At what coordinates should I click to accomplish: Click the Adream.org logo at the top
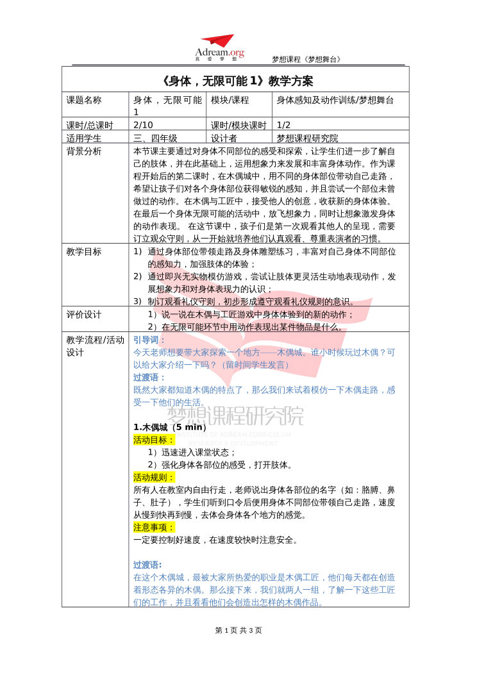(219, 48)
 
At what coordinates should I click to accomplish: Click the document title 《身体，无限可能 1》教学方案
(237, 81)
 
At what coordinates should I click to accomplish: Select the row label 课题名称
(84, 100)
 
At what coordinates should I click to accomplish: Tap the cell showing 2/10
(143, 125)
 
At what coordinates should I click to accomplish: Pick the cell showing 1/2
(284, 125)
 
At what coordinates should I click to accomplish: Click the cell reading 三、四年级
(155, 138)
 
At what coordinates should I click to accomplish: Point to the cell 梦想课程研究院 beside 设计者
(307, 138)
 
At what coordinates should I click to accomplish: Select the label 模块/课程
(230, 100)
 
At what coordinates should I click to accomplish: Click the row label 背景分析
(84, 151)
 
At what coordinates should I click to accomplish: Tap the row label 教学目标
(84, 252)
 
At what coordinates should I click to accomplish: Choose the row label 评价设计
(84, 315)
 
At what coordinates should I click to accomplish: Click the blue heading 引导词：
(149, 340)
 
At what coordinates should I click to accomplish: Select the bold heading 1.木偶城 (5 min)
(170, 428)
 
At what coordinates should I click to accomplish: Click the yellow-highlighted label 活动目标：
(154, 440)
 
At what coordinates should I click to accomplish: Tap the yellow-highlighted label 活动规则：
(154, 478)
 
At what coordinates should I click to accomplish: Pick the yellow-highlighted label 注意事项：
(154, 528)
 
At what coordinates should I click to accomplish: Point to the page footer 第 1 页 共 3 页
(238, 630)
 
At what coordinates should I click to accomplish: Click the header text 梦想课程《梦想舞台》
(306, 60)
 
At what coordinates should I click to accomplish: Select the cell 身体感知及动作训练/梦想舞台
(335, 100)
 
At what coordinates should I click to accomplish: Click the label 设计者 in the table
(224, 138)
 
